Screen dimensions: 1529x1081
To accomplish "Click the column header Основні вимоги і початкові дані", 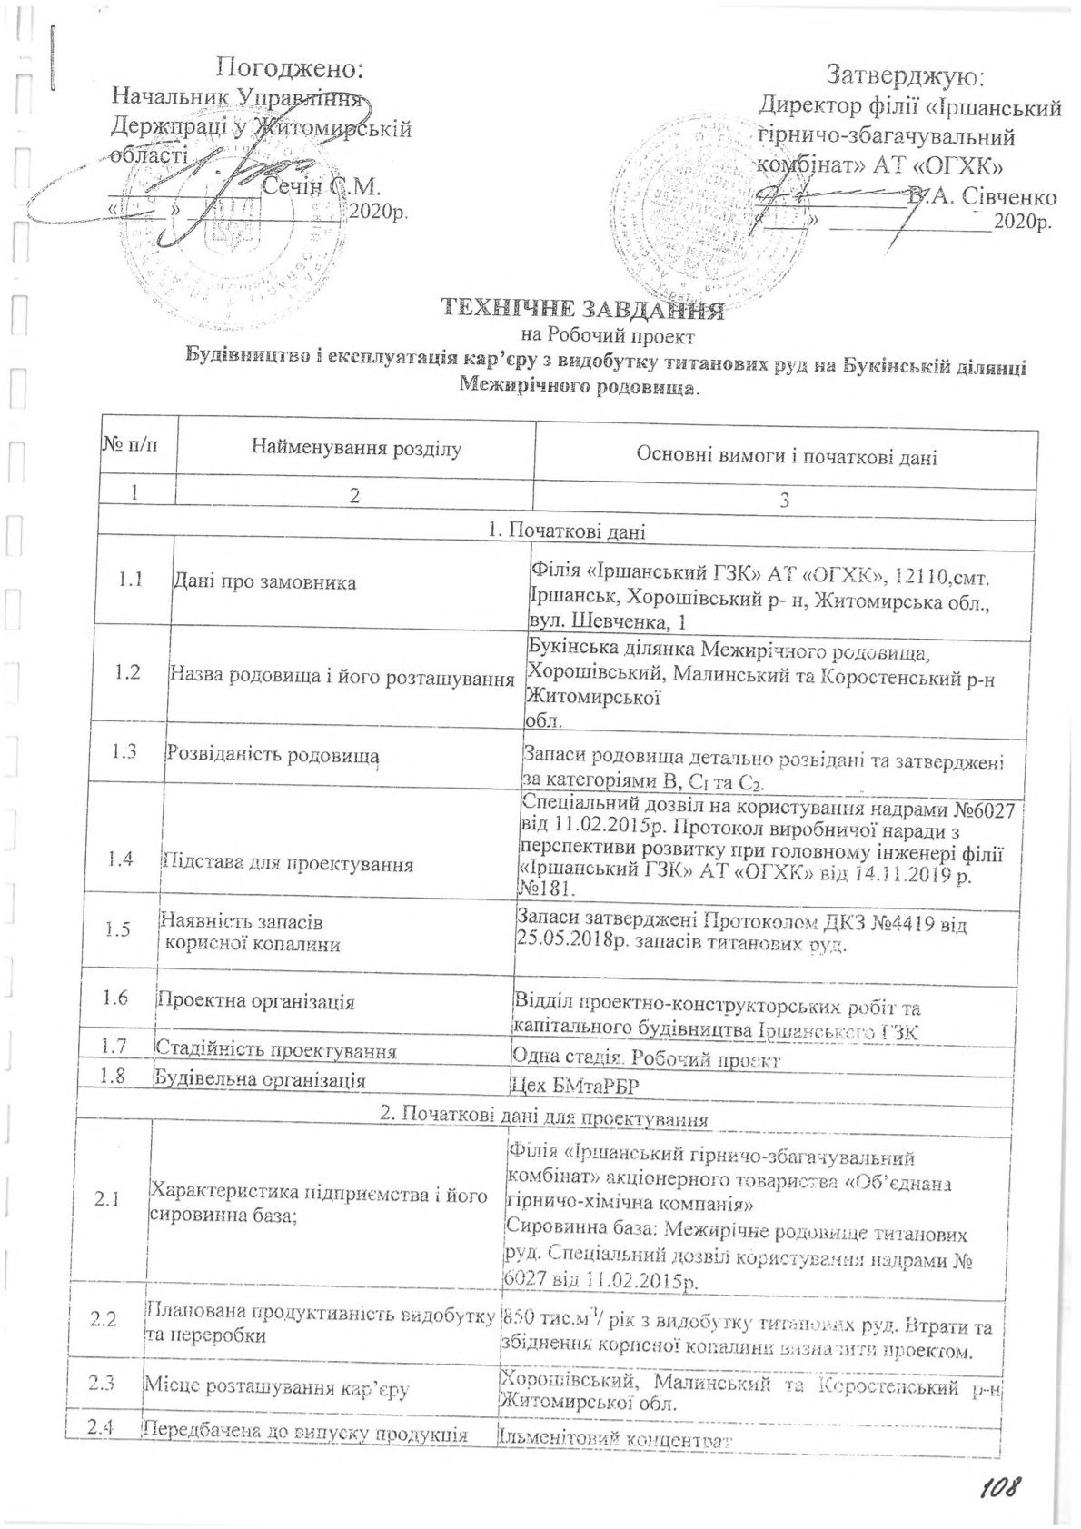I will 783,456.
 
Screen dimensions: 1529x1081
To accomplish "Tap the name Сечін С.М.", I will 319,187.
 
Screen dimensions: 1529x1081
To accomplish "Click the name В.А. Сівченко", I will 985,196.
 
